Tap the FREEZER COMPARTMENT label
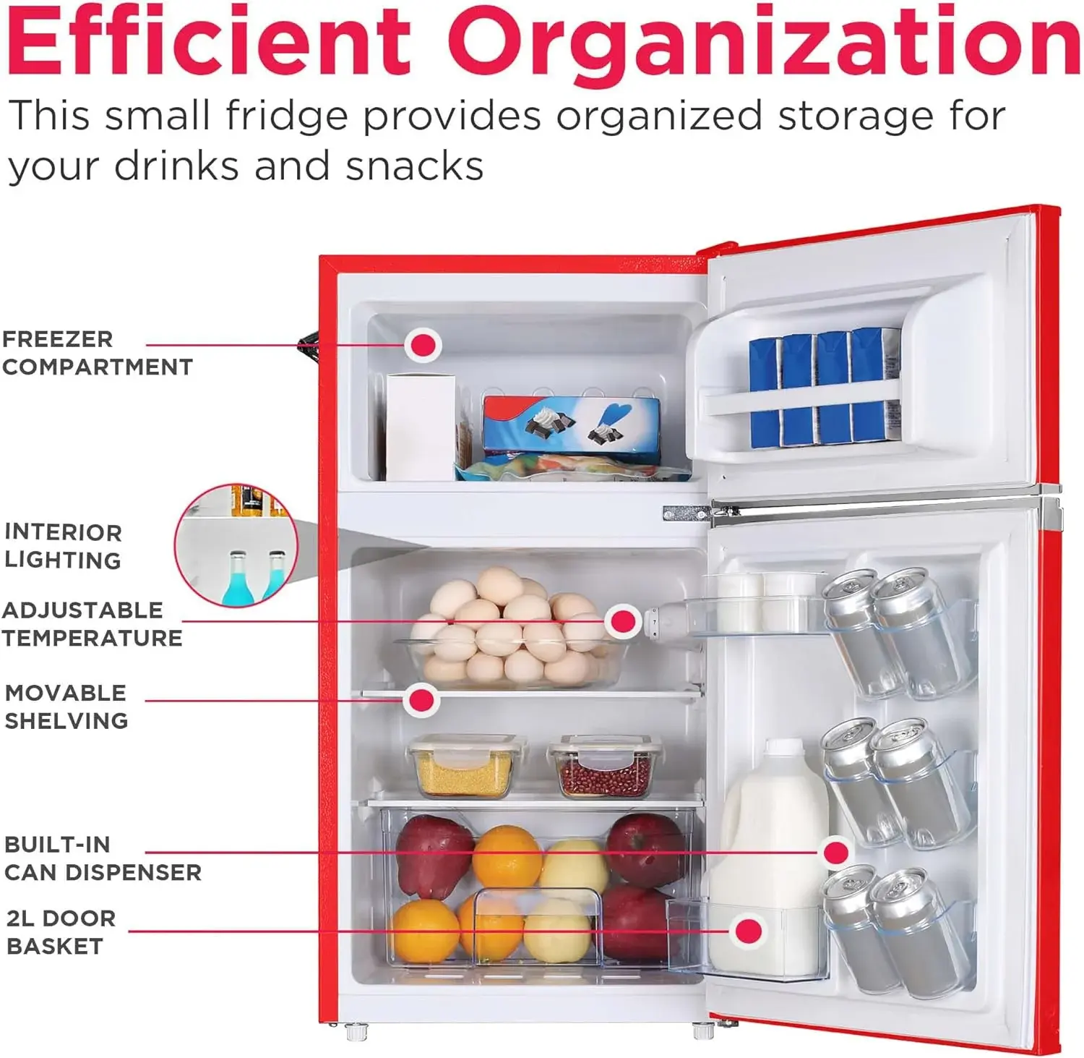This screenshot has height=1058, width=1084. point(98,353)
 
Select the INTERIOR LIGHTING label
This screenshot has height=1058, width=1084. point(63,546)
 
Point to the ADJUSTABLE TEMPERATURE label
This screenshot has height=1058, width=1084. point(92,624)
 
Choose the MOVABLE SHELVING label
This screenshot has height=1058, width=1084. point(66,707)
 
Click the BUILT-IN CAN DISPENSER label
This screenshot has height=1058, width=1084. point(103,858)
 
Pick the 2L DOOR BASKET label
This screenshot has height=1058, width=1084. point(61,932)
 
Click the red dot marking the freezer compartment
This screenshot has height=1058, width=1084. point(423,345)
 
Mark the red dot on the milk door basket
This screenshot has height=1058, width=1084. point(749,931)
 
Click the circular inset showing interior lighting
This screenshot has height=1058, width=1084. point(236,546)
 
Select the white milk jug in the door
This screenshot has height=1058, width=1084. point(768,858)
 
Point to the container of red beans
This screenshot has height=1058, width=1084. point(604,766)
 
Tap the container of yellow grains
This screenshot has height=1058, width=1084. point(466,766)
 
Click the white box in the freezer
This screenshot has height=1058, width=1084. point(421,427)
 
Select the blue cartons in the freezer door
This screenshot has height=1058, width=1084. point(825,388)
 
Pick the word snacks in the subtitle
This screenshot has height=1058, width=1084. point(414,166)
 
